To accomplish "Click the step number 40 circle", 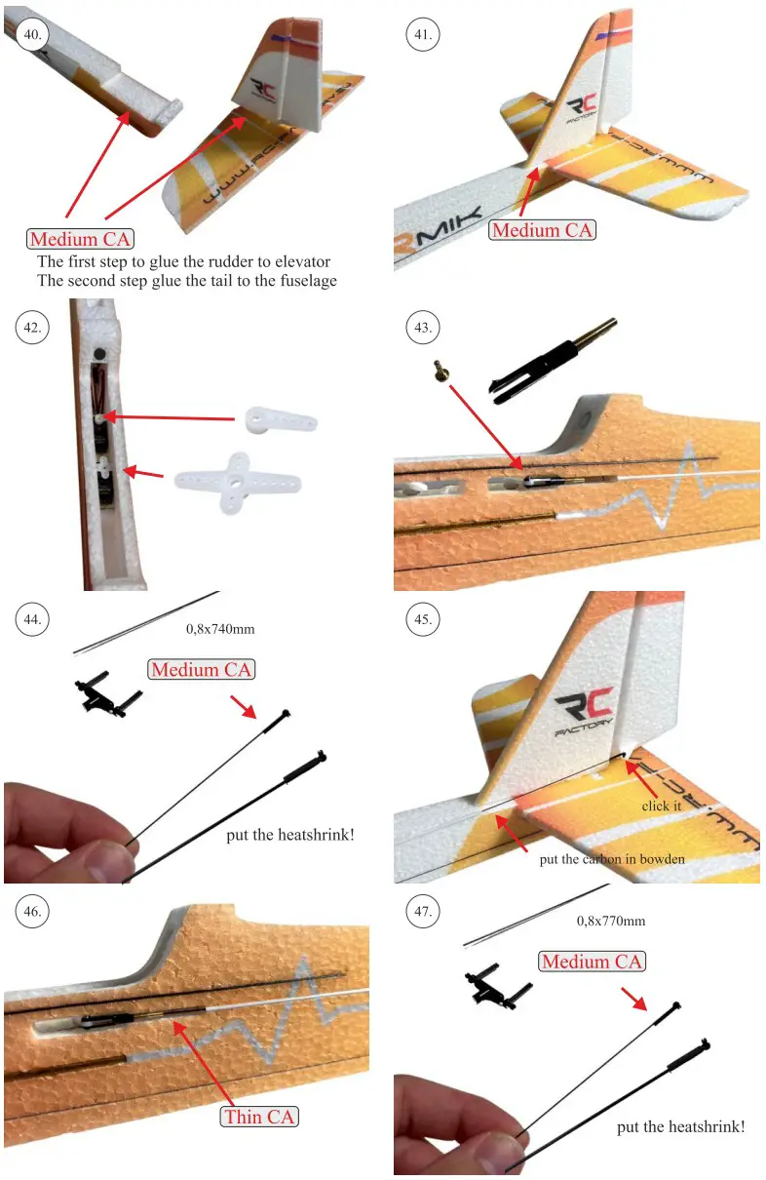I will [x=32, y=34].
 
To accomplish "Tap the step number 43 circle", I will [x=422, y=328].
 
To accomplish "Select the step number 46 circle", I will [x=32, y=912].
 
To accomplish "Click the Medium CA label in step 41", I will [x=542, y=230].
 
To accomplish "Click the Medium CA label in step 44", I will [x=202, y=670].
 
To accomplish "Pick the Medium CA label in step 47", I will [x=592, y=962].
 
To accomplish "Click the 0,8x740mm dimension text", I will [x=220, y=629].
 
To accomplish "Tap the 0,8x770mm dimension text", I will [x=610, y=921].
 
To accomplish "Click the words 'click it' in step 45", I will [x=661, y=806].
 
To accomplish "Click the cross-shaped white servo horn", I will [x=237, y=481].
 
